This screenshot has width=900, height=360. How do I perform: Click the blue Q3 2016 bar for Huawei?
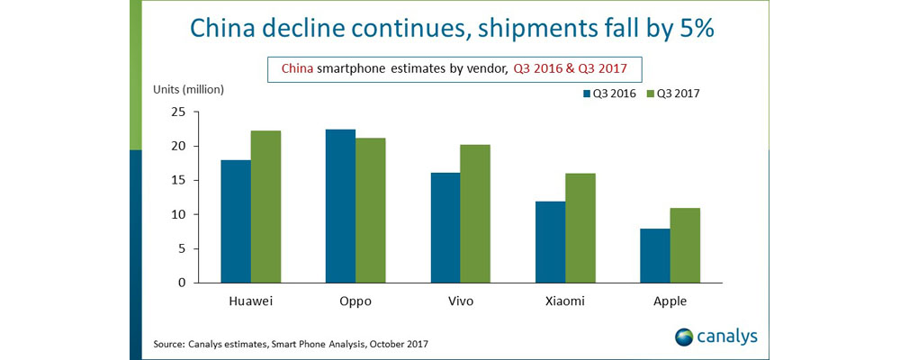click(x=236, y=221)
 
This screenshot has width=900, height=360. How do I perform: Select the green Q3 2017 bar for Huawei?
click(x=265, y=207)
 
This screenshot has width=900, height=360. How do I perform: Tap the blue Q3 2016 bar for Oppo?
click(x=340, y=206)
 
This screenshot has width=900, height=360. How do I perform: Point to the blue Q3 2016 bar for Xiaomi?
click(x=551, y=242)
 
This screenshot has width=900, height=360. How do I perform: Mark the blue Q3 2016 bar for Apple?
click(x=655, y=256)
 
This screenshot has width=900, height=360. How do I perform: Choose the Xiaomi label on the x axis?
click(x=565, y=301)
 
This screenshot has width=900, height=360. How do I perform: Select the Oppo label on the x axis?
click(x=355, y=301)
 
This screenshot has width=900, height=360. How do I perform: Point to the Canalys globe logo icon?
click(x=685, y=337)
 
